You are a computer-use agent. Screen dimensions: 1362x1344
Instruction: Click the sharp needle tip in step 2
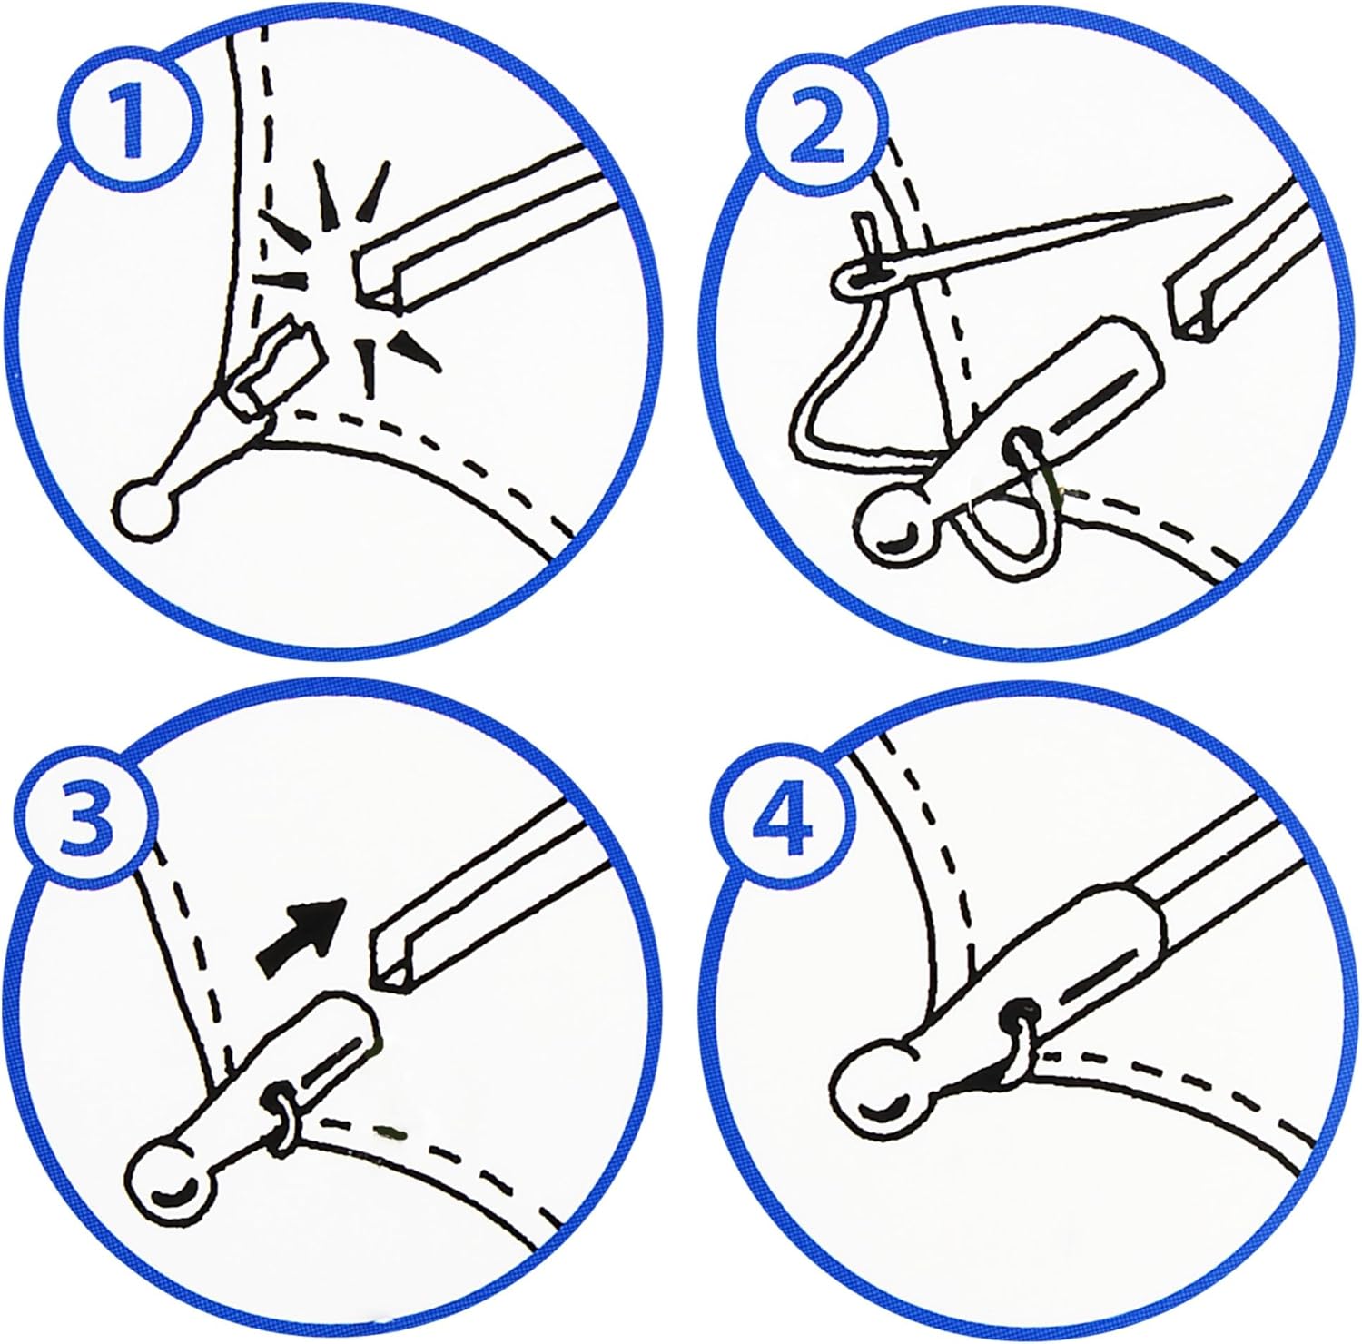click(1227, 197)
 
